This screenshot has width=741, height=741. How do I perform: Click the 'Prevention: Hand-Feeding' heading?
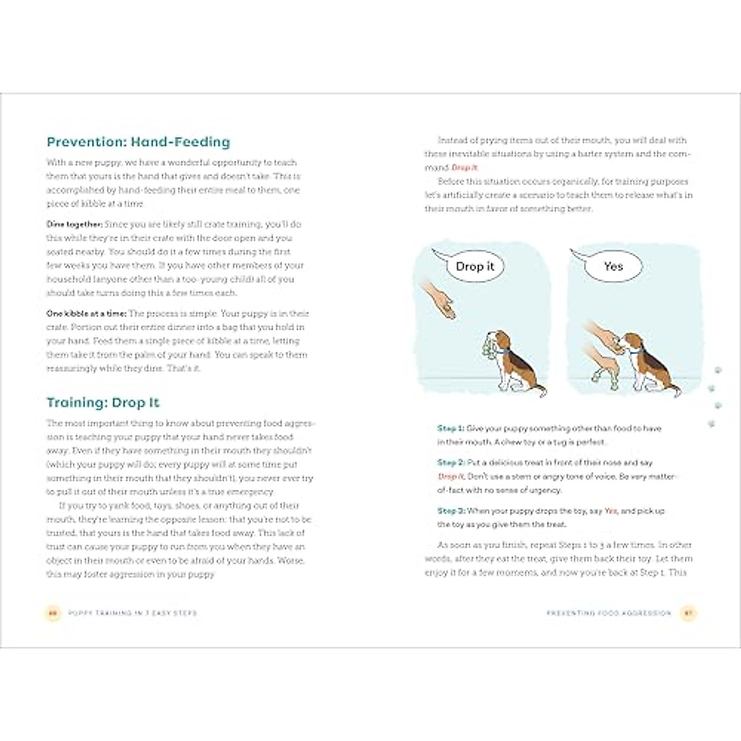pyautogui.click(x=138, y=142)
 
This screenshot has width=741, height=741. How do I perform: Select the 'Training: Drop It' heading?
pyautogui.click(x=103, y=403)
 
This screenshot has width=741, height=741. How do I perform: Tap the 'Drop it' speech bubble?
pyautogui.click(x=474, y=266)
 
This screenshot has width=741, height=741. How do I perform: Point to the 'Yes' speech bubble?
pyautogui.click(x=613, y=266)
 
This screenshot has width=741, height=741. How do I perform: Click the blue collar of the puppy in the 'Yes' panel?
pyautogui.click(x=636, y=350)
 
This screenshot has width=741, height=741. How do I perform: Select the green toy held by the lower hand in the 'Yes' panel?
pyautogui.click(x=597, y=377)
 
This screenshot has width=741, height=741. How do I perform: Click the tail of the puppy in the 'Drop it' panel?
pyautogui.click(x=540, y=390)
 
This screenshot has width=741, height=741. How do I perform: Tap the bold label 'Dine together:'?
pyautogui.click(x=75, y=224)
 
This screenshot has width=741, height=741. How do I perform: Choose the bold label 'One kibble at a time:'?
pyautogui.click(x=86, y=314)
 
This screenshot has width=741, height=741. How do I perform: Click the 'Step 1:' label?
pyautogui.click(x=450, y=429)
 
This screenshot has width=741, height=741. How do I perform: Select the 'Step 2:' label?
pyautogui.click(x=450, y=463)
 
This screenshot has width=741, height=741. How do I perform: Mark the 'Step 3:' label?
pyautogui.click(x=450, y=511)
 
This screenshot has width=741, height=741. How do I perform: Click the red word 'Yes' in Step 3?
pyautogui.click(x=610, y=511)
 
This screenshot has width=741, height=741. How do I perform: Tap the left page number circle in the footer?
pyautogui.click(x=52, y=613)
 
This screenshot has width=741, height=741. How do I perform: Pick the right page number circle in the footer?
pyautogui.click(x=688, y=613)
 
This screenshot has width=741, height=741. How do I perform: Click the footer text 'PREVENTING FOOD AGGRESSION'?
pyautogui.click(x=609, y=613)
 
